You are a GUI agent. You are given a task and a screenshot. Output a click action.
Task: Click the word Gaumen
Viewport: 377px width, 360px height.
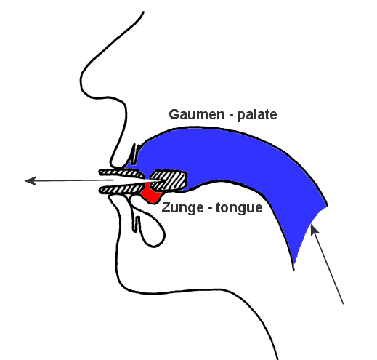[x=197, y=114]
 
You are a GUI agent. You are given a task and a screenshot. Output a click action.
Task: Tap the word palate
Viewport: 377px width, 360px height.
[x=257, y=115]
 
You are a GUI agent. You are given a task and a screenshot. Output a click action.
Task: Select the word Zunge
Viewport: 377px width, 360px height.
[x=182, y=208]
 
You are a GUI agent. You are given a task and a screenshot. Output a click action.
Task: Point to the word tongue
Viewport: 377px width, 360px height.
[x=239, y=208]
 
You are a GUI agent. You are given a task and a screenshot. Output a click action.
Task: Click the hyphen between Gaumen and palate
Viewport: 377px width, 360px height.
[x=231, y=116]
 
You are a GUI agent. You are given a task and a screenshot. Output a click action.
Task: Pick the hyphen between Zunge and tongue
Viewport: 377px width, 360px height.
[x=210, y=209]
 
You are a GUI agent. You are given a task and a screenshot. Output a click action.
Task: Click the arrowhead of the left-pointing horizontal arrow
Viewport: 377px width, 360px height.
[x=31, y=180]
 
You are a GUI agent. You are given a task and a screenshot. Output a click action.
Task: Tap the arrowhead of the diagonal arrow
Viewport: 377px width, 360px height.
[x=314, y=229]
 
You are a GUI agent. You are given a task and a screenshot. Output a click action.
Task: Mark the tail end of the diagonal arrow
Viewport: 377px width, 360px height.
[x=343, y=303]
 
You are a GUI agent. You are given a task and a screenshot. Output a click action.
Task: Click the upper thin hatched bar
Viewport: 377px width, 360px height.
[x=121, y=173]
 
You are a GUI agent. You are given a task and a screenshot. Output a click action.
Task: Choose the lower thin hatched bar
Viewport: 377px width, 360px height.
[x=121, y=189]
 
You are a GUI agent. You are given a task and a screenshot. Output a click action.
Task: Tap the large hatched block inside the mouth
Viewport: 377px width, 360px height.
[x=169, y=180]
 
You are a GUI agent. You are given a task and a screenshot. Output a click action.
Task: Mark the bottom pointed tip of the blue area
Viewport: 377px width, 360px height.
[x=293, y=268]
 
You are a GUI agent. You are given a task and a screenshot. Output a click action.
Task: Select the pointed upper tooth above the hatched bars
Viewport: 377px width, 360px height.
[x=134, y=154]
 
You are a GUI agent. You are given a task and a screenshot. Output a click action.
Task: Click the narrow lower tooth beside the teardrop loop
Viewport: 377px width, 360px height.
[x=137, y=224]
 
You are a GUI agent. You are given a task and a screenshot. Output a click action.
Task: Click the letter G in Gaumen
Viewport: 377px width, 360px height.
[x=174, y=114]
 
